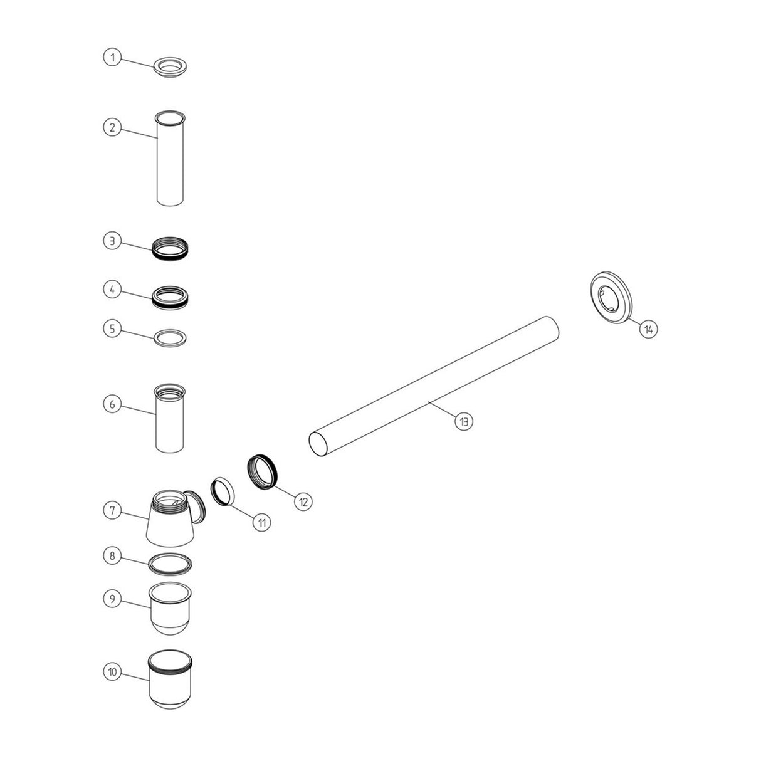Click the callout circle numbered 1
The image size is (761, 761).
click(112, 58)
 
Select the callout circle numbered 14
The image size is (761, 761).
click(649, 328)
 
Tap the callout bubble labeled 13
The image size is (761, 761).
click(464, 421)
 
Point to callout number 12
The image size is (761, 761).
click(303, 501)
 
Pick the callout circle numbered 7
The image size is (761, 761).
click(112, 510)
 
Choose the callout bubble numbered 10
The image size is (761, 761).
click(112, 671)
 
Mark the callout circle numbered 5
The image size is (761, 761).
click(112, 328)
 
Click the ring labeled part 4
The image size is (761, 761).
click(171, 296)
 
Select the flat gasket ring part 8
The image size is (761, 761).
click(171, 563)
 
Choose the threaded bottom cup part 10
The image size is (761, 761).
click(171, 680)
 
